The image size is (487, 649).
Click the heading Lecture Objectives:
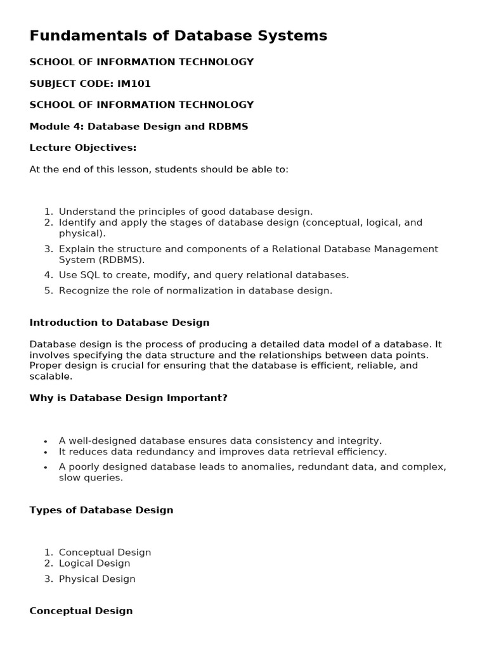[83, 148]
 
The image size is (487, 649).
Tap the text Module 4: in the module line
[56, 126]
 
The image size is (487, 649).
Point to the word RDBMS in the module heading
[228, 126]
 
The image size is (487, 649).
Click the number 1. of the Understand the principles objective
[49, 212]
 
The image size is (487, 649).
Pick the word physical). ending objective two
[82, 233]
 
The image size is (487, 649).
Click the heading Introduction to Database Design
[119, 323]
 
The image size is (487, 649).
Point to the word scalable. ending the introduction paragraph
[51, 376]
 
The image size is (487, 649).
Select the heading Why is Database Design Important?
[128, 398]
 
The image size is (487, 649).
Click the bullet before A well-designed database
[46, 441]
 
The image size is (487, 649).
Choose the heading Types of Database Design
[101, 510]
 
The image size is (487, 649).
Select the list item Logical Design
[94, 563]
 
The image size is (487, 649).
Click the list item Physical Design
[97, 579]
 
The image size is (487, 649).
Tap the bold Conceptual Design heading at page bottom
[81, 611]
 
